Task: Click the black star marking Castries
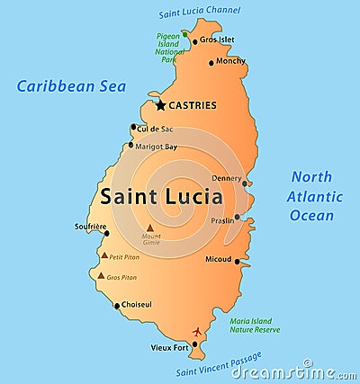click(160, 105)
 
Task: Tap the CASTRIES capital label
click(193, 105)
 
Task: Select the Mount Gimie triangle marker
click(149, 228)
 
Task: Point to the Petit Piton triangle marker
click(104, 255)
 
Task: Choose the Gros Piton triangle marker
click(101, 276)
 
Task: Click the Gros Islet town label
click(217, 40)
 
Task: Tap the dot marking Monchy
click(211, 63)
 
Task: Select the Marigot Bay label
click(157, 147)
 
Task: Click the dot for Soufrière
click(107, 234)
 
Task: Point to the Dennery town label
click(226, 178)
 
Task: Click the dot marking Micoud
click(238, 262)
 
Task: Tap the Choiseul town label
click(136, 305)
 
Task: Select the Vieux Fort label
click(170, 346)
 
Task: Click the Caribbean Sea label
click(71, 87)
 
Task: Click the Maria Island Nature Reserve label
click(256, 326)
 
